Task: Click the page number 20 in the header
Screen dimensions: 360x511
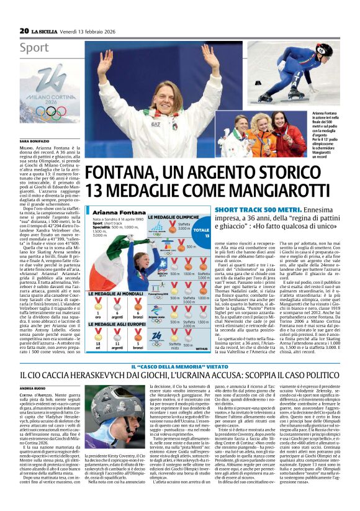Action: [24, 30]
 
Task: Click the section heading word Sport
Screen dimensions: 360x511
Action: [34, 47]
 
